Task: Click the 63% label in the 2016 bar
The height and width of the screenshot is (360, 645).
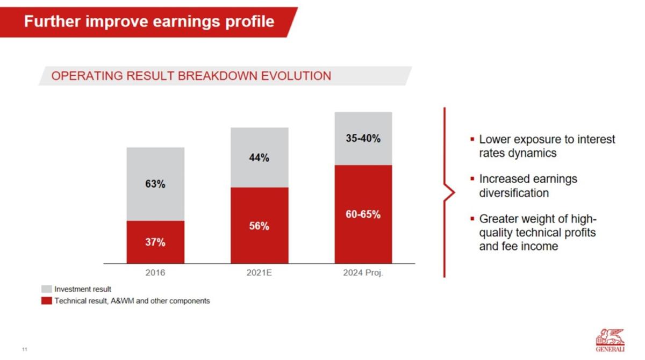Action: [155, 184]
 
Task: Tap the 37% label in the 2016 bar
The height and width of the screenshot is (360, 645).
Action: [155, 242]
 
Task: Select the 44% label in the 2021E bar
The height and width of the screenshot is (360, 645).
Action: [259, 157]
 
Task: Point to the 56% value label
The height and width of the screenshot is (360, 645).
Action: [259, 226]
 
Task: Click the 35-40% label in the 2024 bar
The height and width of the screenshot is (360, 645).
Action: [363, 139]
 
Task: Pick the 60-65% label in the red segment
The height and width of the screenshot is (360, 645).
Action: [363, 214]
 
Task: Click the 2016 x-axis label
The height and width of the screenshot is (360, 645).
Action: [155, 272]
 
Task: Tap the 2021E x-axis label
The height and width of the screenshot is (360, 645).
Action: [259, 272]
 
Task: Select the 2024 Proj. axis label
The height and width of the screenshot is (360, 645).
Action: [363, 272]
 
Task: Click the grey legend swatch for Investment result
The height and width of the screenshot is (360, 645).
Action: [47, 289]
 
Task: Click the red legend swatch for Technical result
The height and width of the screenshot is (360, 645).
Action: [47, 301]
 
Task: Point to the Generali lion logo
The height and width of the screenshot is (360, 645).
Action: [610, 340]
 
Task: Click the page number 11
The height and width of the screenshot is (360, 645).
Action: [25, 349]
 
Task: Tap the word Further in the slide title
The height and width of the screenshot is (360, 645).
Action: [52, 21]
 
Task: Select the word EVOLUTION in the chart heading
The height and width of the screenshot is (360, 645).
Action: [296, 76]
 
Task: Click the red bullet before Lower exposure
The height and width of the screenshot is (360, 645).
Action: [472, 140]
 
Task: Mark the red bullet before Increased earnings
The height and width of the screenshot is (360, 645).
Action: [472, 179]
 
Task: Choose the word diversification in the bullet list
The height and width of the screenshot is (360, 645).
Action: [514, 193]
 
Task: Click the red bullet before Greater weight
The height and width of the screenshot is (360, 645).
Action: [472, 219]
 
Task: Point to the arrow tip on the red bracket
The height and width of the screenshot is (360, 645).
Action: [455, 192]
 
